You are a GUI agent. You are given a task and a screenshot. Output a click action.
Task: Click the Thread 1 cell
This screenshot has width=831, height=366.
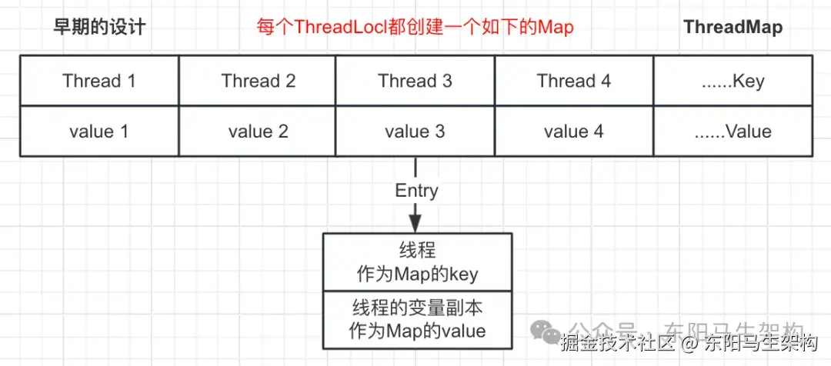[99, 81]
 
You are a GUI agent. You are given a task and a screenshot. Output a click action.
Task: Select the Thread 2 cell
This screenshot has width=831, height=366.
[258, 81]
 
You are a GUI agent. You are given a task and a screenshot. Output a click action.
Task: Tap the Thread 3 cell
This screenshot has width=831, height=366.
[415, 81]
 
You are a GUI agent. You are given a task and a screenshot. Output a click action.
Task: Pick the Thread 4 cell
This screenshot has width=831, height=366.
[573, 81]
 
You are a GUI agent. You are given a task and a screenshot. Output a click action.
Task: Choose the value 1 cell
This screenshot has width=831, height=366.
[99, 131]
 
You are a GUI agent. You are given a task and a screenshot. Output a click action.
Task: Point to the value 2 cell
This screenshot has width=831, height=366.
[258, 131]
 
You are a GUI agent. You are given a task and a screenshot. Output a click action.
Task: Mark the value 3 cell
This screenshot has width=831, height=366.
[415, 131]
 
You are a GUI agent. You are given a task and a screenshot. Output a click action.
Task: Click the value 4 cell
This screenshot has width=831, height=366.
[573, 131]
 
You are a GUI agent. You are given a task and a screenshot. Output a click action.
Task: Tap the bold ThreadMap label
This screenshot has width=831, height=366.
[733, 28]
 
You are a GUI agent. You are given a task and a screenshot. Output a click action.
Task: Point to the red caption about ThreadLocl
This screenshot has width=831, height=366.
[415, 28]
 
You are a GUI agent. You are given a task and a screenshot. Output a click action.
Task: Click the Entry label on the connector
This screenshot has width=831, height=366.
[415, 191]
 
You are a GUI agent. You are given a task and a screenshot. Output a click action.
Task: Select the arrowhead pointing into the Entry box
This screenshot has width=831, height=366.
[415, 222]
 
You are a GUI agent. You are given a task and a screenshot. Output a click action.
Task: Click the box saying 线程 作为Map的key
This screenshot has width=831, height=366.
[416, 261]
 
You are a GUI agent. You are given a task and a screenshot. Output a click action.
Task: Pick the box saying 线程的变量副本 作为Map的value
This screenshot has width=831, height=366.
[416, 319]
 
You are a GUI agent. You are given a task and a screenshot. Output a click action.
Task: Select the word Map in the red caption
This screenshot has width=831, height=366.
[556, 28]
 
